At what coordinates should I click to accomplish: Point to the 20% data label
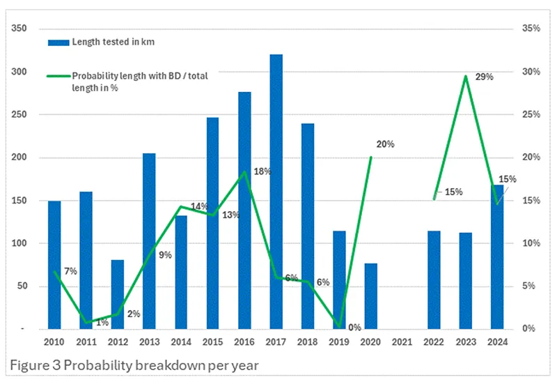coord(385,144)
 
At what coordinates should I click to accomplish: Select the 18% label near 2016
coord(262,171)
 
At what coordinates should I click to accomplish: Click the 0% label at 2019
coord(354,327)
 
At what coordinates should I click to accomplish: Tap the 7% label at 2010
coord(70,270)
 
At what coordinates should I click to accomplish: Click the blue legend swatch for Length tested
coord(58,43)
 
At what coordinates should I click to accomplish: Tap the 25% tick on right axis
coord(531,114)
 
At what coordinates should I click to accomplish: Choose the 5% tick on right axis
coord(533,286)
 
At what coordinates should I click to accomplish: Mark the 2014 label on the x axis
coord(180,342)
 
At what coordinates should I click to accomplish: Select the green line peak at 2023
coord(465,76)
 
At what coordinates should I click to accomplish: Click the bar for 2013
coord(149,241)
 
